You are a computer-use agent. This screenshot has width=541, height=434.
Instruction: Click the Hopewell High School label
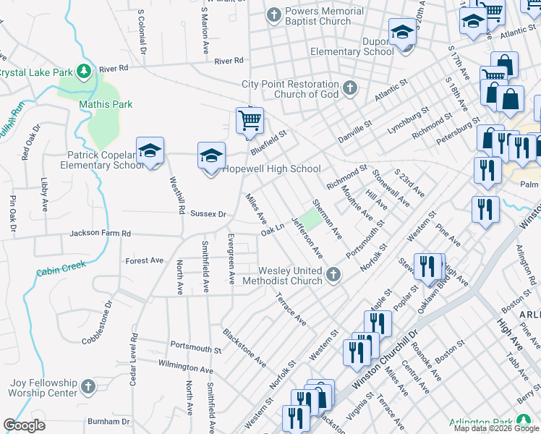pyautogui.click(x=271, y=169)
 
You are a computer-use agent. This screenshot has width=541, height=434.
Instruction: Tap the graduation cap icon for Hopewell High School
pyautogui.click(x=212, y=156)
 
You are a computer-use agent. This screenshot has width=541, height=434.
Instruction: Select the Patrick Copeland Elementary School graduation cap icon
pyautogui.click(x=150, y=150)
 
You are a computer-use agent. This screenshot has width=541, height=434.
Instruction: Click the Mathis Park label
pyautogui.click(x=106, y=104)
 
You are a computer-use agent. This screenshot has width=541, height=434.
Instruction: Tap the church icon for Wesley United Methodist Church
pyautogui.click(x=333, y=274)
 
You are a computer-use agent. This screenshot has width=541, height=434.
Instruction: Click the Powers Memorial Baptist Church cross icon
pyautogui.click(x=274, y=14)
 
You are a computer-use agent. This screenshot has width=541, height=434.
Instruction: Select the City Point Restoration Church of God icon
pyautogui.click(x=350, y=88)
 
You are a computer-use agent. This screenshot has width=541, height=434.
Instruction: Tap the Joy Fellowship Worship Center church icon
pyautogui.click(x=88, y=386)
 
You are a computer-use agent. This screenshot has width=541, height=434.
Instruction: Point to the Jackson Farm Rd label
pyautogui.click(x=100, y=234)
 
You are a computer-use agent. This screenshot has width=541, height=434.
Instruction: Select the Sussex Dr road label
pyautogui.click(x=208, y=214)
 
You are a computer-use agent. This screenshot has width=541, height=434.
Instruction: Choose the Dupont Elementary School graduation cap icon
pyautogui.click(x=402, y=33)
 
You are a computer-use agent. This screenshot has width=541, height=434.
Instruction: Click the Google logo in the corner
pyautogui.click(x=24, y=425)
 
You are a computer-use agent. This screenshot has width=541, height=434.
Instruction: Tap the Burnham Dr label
pyautogui.click(x=108, y=421)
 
